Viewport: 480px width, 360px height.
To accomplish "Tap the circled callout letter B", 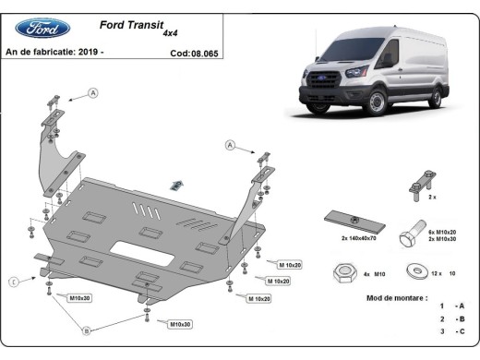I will click(86, 330).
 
